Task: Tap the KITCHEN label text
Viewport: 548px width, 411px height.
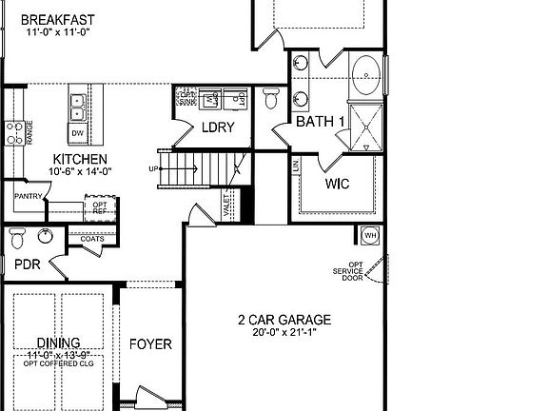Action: click(x=80, y=159)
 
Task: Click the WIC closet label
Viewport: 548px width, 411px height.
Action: click(x=338, y=184)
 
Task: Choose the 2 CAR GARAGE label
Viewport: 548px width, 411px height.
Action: click(x=284, y=320)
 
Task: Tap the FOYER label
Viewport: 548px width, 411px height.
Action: click(x=150, y=343)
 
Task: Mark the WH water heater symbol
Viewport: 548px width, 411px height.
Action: click(x=369, y=235)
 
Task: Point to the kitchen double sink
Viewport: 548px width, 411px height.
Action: click(x=78, y=106)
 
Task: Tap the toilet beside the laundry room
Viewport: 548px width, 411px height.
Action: click(x=271, y=97)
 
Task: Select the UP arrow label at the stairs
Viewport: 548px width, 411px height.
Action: click(x=154, y=169)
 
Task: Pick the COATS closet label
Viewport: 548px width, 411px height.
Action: click(x=91, y=239)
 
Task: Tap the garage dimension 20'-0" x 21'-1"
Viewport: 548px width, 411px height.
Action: click(x=284, y=333)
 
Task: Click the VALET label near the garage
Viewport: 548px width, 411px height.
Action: click(x=226, y=205)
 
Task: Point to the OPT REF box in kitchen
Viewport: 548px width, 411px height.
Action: click(x=100, y=208)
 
